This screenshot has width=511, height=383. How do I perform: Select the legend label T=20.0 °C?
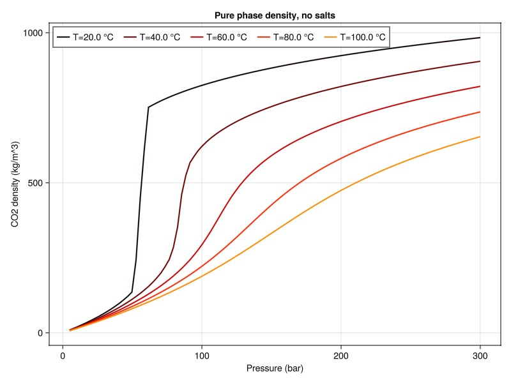coord(93,37)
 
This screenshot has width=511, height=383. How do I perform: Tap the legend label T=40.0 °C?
coord(160,37)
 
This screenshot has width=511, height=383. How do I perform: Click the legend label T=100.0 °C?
coord(362,37)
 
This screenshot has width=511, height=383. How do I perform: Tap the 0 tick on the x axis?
coord(63,355)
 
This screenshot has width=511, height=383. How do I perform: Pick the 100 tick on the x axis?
coord(202,355)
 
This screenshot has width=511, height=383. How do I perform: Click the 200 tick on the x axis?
coord(341,355)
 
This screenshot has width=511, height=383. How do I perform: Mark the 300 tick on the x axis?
coord(480,355)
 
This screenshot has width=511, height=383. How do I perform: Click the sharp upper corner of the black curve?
coord(148,107)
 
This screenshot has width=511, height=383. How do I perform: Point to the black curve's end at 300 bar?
coord(480,38)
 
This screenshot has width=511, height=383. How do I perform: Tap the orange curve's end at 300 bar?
coord(480,137)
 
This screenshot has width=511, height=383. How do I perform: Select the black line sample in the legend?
coord(63,37)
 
